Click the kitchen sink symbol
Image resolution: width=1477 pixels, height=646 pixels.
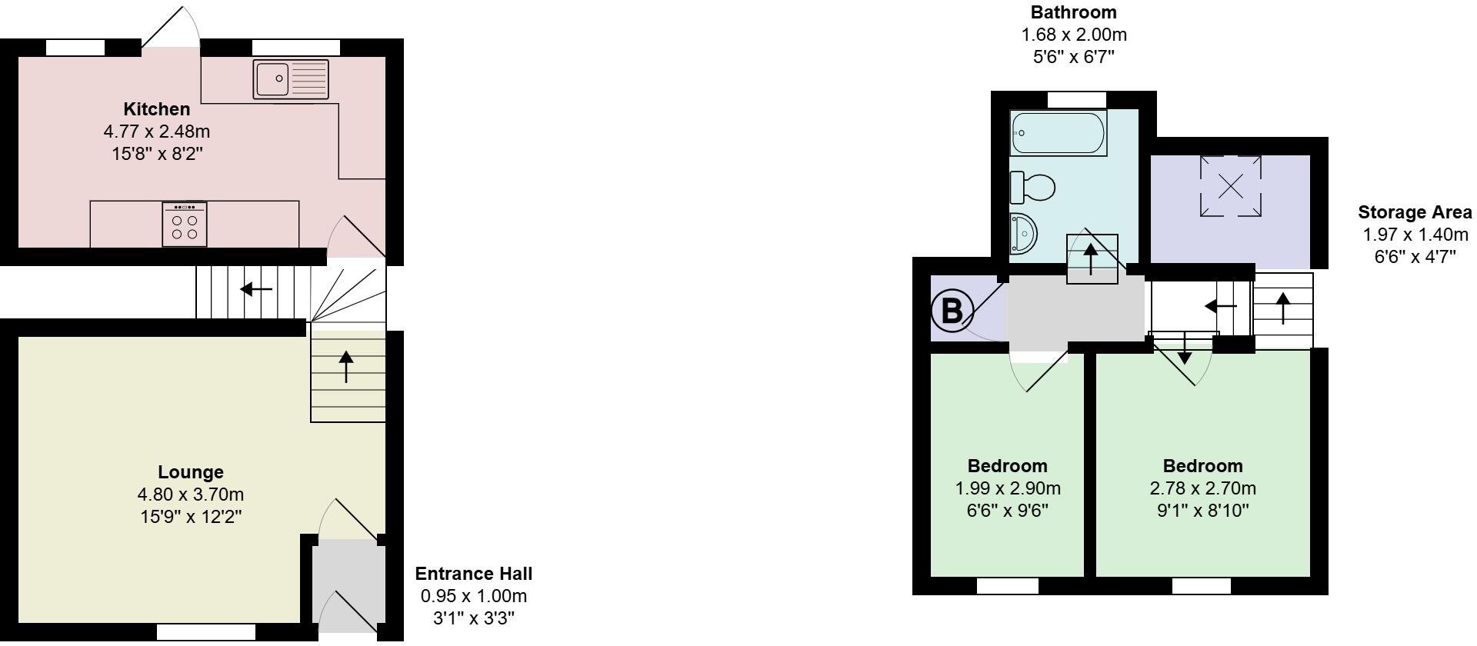(x=291, y=79)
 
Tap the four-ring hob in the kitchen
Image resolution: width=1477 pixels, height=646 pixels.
(x=185, y=225)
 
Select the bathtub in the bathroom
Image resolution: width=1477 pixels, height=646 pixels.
(x=1059, y=133)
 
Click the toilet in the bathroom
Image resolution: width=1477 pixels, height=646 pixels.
(x=1033, y=187)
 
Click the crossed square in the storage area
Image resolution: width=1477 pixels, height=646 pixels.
(x=1231, y=186)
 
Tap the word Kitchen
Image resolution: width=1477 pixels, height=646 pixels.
(x=157, y=109)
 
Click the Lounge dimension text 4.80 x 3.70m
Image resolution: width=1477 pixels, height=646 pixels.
(x=191, y=494)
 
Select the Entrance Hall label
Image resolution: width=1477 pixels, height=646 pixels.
(x=473, y=574)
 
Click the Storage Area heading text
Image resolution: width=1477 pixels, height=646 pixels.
(x=1415, y=212)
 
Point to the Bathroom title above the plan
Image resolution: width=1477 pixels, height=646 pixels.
(x=1073, y=12)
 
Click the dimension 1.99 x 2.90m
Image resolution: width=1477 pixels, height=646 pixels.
(x=1008, y=488)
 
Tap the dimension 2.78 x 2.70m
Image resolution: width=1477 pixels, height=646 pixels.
(x=1202, y=488)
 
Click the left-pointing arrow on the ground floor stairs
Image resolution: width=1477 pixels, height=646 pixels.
(x=256, y=290)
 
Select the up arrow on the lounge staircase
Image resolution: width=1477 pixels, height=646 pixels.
(x=346, y=367)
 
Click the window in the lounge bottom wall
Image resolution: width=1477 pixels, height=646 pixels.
(x=205, y=632)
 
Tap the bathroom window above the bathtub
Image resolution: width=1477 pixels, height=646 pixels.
(x=1076, y=99)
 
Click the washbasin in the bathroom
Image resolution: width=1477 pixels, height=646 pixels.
(x=1024, y=232)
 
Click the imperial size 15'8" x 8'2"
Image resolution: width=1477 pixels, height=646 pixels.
(x=157, y=154)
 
